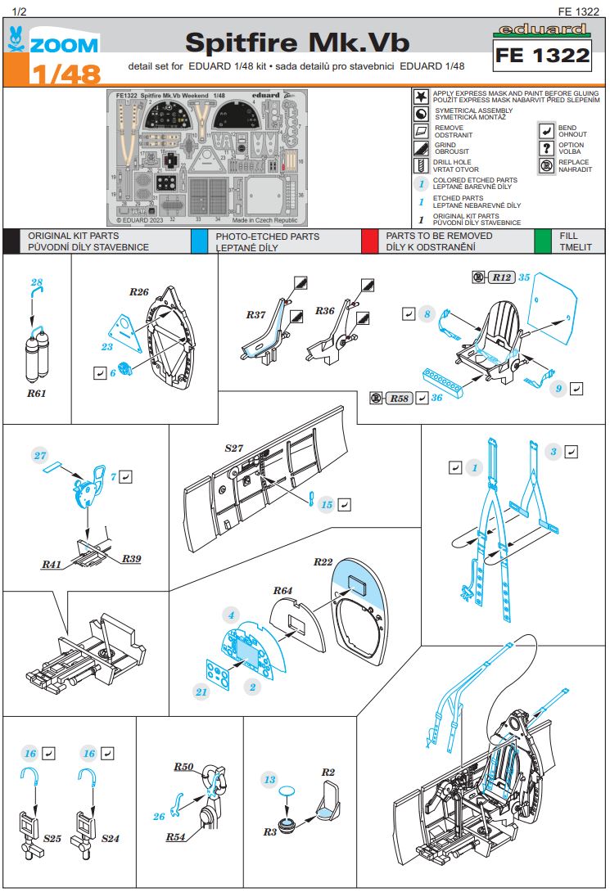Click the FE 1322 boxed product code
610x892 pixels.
click(x=544, y=56)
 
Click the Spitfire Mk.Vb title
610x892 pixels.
click(x=296, y=43)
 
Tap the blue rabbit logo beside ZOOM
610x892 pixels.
click(x=16, y=39)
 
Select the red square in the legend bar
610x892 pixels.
click(x=373, y=241)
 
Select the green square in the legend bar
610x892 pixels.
click(x=542, y=241)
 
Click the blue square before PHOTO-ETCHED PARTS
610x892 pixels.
click(x=199, y=241)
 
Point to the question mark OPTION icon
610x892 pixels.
click(x=546, y=148)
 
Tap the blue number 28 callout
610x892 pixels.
click(x=36, y=283)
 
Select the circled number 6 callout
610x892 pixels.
click(x=113, y=372)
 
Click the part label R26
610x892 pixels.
click(x=138, y=292)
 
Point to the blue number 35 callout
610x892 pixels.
click(x=525, y=277)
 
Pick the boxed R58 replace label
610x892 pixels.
click(x=399, y=399)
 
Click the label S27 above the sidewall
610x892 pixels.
click(x=235, y=448)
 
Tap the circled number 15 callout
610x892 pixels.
click(x=326, y=505)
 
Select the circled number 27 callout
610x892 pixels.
click(x=41, y=455)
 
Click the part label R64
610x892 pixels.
click(x=282, y=589)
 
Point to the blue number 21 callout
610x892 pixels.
click(x=201, y=692)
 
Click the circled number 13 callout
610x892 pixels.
click(x=269, y=780)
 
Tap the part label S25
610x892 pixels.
click(x=52, y=839)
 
